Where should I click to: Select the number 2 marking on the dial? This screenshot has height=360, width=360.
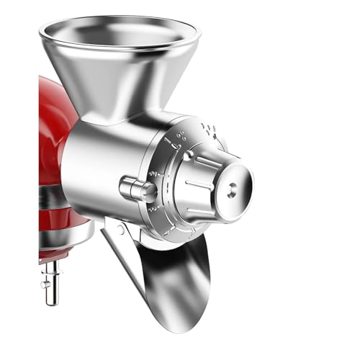[x=152, y=175]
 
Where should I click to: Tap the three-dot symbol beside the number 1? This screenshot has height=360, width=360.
[x=179, y=132]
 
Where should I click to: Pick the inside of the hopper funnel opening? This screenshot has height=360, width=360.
[x=119, y=32]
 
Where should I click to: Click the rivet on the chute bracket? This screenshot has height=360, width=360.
[x=120, y=230]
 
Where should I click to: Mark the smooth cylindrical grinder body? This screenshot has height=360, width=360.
[x=101, y=166]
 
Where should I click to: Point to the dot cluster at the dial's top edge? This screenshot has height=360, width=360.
[x=208, y=130]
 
